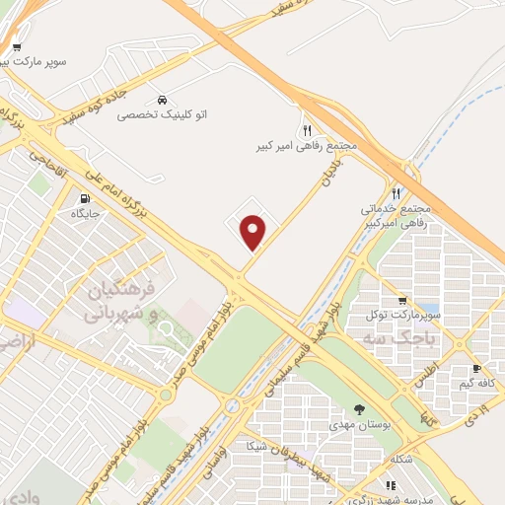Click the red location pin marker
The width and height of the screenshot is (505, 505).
[254, 231]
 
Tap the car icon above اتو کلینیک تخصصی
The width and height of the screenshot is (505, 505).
[161, 100]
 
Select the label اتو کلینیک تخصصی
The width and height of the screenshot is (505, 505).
[159, 115]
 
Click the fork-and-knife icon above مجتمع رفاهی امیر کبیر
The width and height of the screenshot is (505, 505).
[307, 130]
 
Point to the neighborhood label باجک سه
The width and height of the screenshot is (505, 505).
[408, 338]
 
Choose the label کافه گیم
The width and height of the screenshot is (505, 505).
[477, 384]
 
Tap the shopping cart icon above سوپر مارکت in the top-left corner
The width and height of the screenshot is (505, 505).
[17, 46]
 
